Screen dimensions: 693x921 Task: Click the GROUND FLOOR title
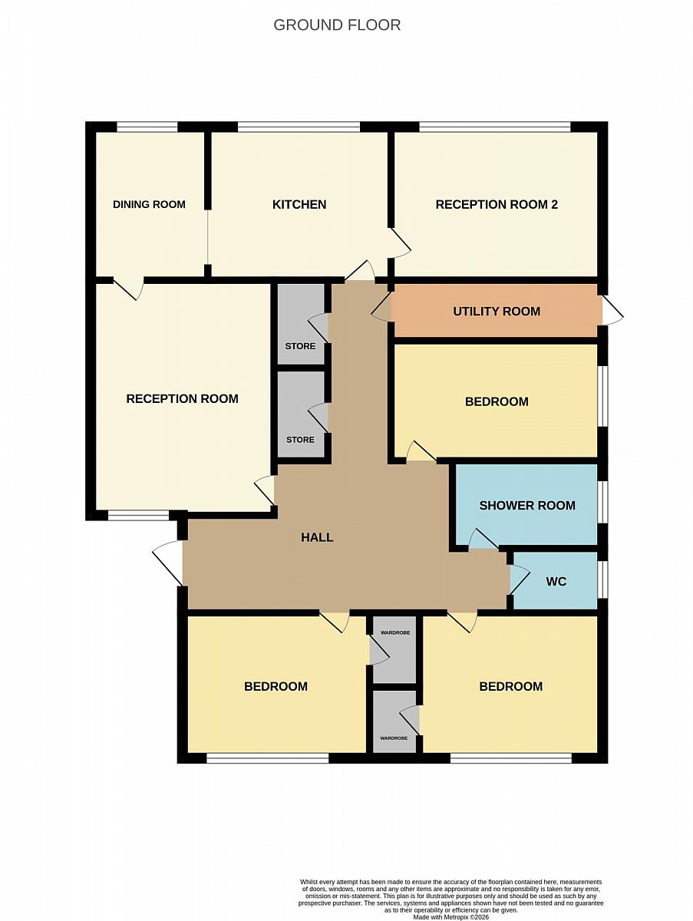click(337, 25)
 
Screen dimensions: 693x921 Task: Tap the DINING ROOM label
click(149, 204)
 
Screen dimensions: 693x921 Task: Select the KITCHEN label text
click(299, 204)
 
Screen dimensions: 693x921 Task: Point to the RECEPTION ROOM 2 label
click(497, 204)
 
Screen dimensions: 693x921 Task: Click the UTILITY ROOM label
click(497, 312)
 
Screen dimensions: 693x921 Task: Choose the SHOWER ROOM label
click(527, 505)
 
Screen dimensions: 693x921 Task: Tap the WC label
click(556, 582)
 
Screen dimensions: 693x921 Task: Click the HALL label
click(317, 537)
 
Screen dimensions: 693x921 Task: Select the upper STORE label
click(300, 346)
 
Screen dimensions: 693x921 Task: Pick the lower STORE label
click(300, 440)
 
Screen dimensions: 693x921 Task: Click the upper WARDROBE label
click(395, 632)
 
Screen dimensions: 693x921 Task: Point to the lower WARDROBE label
click(394, 738)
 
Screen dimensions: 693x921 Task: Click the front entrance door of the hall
click(168, 563)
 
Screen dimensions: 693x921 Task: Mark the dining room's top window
click(147, 127)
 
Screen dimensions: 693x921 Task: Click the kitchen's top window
click(299, 127)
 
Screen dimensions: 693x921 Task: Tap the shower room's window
click(602, 502)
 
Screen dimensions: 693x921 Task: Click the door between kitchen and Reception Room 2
click(401, 243)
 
